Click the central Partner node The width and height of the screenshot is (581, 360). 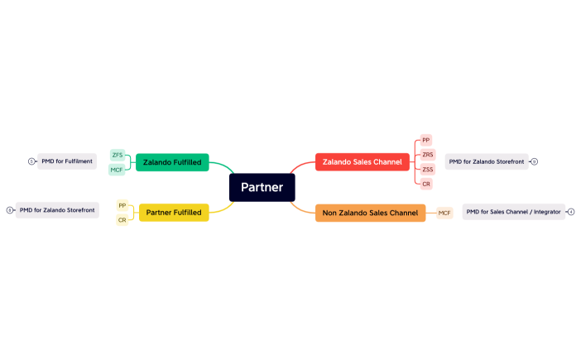(262, 188)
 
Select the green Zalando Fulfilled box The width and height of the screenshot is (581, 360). (172, 162)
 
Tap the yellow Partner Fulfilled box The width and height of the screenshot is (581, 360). (174, 213)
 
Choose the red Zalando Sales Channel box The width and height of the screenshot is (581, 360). (363, 162)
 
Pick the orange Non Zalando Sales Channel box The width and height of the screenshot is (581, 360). (370, 213)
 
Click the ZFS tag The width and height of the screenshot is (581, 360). (118, 155)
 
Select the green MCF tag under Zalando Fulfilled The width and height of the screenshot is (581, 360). (117, 170)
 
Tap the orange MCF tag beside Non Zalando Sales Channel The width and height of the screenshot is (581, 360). (444, 213)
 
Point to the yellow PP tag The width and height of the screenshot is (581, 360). (122, 205)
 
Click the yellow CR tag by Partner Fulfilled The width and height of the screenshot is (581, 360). (122, 220)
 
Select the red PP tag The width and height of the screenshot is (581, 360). (426, 140)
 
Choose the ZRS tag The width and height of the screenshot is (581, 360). (427, 155)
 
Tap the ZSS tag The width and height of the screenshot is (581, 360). (427, 170)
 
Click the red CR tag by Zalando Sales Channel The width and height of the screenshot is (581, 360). (426, 184)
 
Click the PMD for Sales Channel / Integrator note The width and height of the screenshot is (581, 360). (513, 212)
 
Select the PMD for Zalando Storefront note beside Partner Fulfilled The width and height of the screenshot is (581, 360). (57, 210)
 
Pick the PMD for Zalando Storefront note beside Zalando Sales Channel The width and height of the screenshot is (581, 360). (487, 161)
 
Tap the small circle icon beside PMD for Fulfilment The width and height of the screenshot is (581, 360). (31, 161)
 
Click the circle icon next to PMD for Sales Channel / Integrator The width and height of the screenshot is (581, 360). (571, 212)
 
